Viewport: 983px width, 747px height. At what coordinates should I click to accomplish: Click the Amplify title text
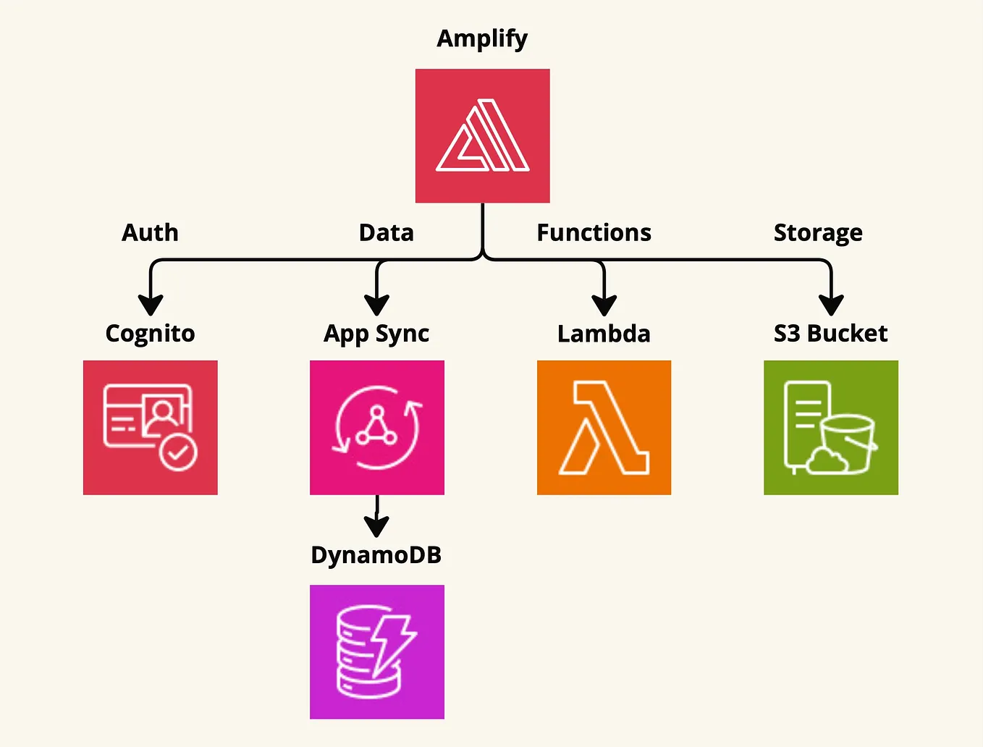click(482, 38)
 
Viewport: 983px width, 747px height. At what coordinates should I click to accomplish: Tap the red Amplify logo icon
click(482, 135)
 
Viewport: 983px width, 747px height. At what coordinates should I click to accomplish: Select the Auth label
click(150, 232)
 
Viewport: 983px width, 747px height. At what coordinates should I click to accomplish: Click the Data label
click(386, 232)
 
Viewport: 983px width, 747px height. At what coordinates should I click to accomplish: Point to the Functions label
click(594, 232)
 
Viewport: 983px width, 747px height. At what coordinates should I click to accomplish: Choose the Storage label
click(818, 233)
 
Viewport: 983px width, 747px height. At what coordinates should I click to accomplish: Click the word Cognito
click(150, 334)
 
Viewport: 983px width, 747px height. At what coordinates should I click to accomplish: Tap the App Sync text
click(376, 334)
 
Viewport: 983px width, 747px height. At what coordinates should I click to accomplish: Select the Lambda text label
click(604, 334)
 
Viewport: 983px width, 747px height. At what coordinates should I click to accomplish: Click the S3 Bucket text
click(830, 333)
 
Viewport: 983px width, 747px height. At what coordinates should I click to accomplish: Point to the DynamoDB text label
click(376, 555)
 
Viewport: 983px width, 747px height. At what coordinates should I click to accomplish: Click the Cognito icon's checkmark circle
click(178, 453)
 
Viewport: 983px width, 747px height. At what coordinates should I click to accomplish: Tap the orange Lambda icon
click(604, 427)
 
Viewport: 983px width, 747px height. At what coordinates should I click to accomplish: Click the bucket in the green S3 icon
click(848, 444)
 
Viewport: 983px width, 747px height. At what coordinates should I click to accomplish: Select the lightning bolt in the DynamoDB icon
click(391, 645)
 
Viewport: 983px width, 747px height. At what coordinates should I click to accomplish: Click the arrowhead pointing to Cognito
click(151, 305)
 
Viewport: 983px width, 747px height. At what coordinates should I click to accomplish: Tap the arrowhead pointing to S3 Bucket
click(831, 305)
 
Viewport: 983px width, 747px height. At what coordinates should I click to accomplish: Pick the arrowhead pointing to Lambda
click(604, 305)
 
